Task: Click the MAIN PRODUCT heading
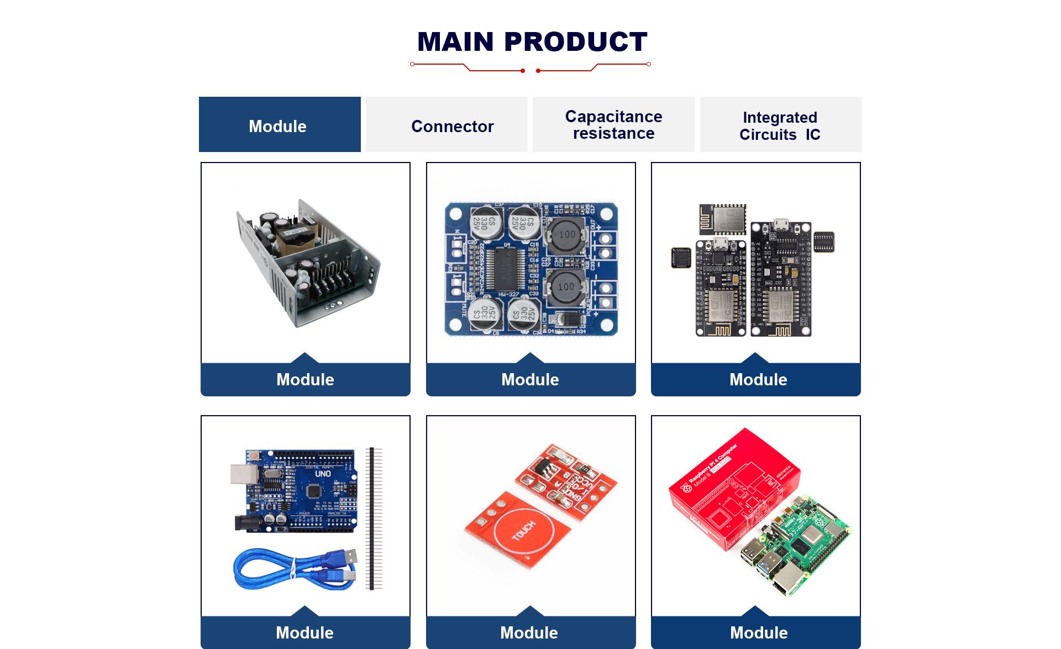click(x=532, y=42)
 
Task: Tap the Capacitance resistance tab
click(x=613, y=125)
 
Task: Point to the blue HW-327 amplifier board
click(x=530, y=269)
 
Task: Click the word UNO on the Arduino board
click(x=323, y=474)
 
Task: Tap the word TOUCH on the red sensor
click(x=523, y=531)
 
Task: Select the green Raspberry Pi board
click(x=801, y=547)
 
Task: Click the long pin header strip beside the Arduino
click(x=374, y=517)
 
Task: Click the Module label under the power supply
click(x=305, y=380)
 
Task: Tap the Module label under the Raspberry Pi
click(x=758, y=632)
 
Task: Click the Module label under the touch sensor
click(x=529, y=632)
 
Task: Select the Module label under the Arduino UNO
click(x=304, y=632)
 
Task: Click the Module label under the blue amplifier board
click(x=530, y=380)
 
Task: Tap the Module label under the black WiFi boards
click(x=758, y=380)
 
